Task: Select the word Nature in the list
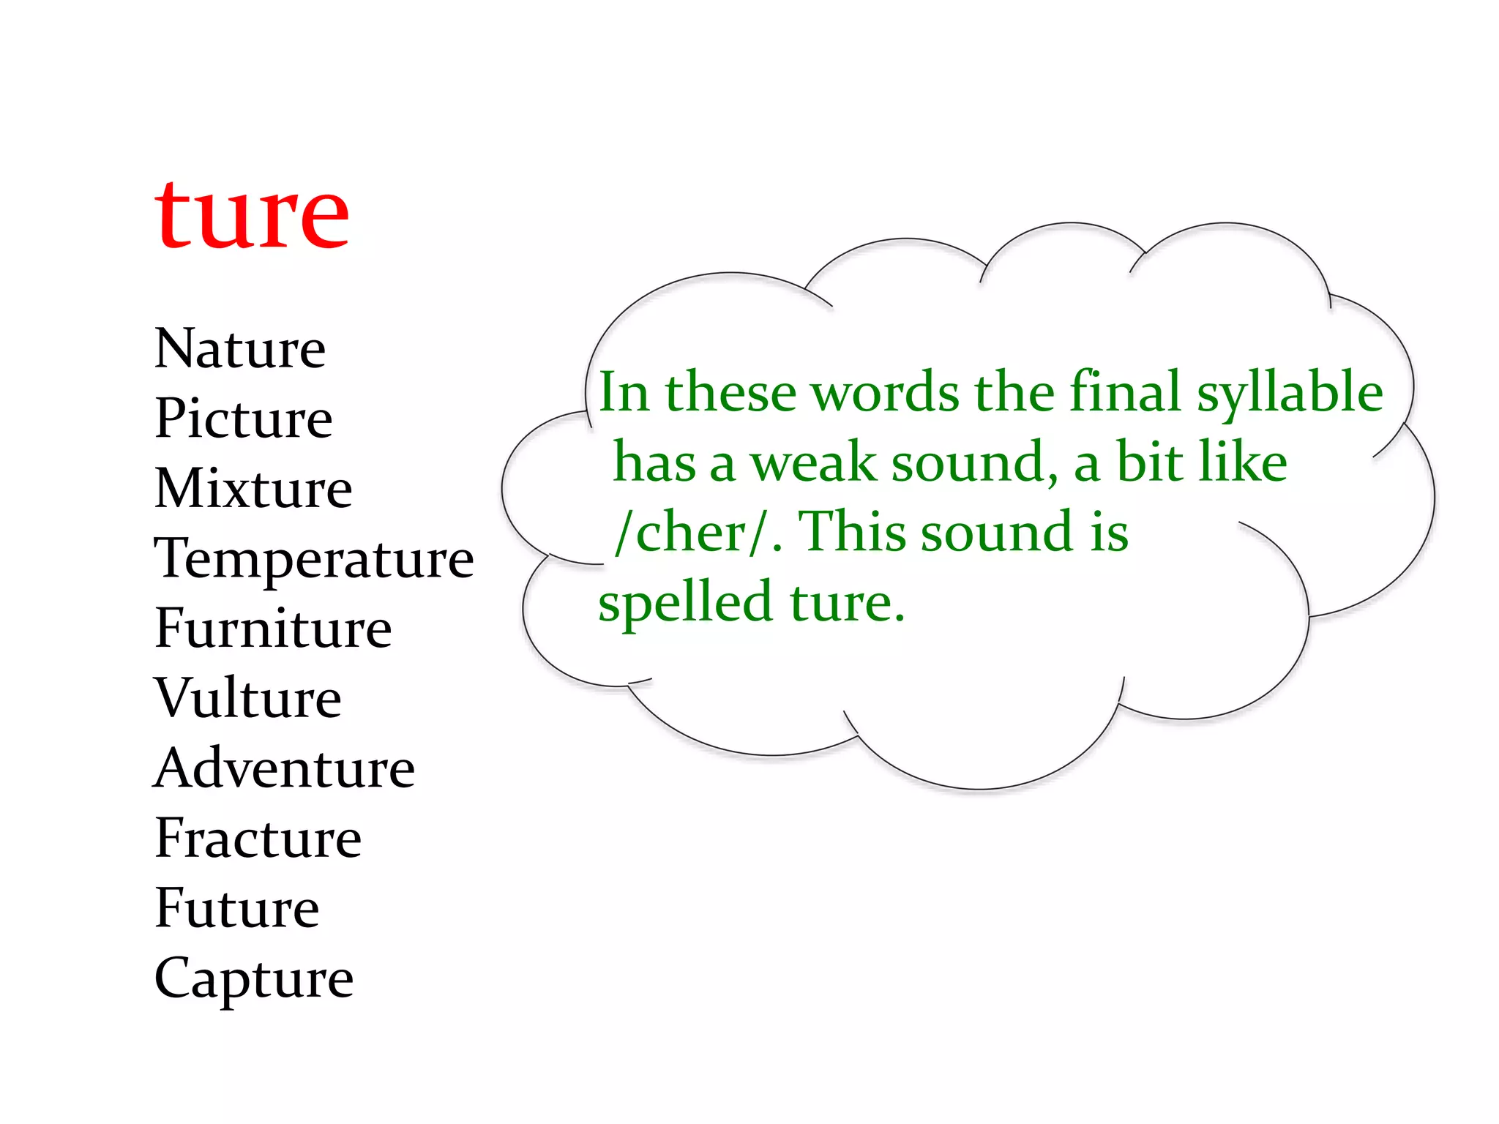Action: pyautogui.click(x=240, y=348)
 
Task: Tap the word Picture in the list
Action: pyautogui.click(x=244, y=418)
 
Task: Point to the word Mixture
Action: pyautogui.click(x=253, y=488)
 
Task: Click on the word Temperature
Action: pyautogui.click(x=314, y=558)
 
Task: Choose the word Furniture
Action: pyautogui.click(x=273, y=628)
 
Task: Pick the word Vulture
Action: pyautogui.click(x=248, y=698)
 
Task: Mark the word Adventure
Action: pyautogui.click(x=285, y=768)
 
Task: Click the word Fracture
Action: pyautogui.click(x=258, y=838)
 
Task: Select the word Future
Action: pyautogui.click(x=237, y=908)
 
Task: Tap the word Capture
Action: pyautogui.click(x=254, y=978)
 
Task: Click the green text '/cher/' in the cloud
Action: pyautogui.click(x=692, y=533)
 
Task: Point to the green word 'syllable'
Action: pyautogui.click(x=1290, y=394)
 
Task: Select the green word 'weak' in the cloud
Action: pyautogui.click(x=812, y=462)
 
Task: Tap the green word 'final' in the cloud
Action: pyautogui.click(x=1126, y=391)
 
